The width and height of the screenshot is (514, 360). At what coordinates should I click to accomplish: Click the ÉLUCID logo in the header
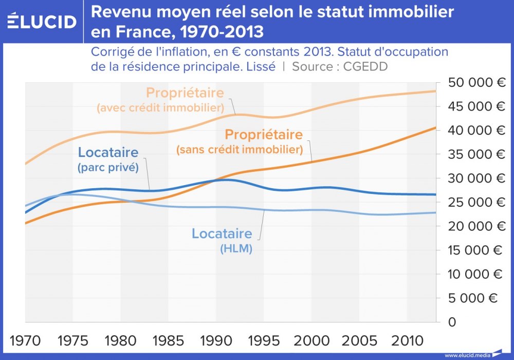[42, 21]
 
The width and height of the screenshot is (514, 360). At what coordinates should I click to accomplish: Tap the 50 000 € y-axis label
[476, 83]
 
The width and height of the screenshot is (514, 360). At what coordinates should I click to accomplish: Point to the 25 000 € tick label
[476, 202]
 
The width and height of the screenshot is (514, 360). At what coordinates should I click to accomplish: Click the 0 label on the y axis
[452, 322]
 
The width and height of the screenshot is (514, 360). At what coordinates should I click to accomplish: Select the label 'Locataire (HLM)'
[222, 240]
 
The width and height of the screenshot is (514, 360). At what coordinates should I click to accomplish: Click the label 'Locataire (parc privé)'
[108, 159]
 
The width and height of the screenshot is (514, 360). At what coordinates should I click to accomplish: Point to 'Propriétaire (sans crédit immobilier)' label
[239, 142]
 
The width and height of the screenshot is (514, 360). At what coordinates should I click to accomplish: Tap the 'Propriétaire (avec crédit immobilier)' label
[160, 100]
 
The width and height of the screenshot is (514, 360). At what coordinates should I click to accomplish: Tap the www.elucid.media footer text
[467, 355]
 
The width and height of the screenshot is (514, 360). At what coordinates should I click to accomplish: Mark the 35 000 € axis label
[476, 154]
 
